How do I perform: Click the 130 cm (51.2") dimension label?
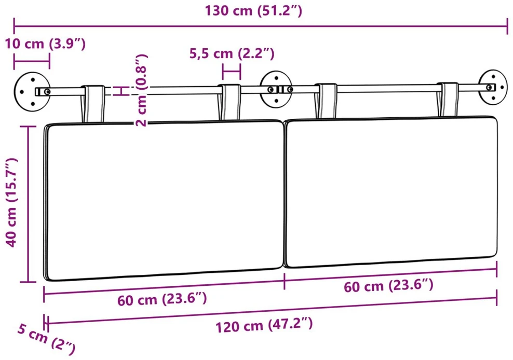pos(253,11)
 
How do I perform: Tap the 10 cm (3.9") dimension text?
pos(45,44)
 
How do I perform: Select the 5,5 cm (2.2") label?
pos(232,53)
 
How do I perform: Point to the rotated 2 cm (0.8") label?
pos(142,91)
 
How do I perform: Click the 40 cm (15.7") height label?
pos(11,202)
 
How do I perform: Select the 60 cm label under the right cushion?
pos(389,286)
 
